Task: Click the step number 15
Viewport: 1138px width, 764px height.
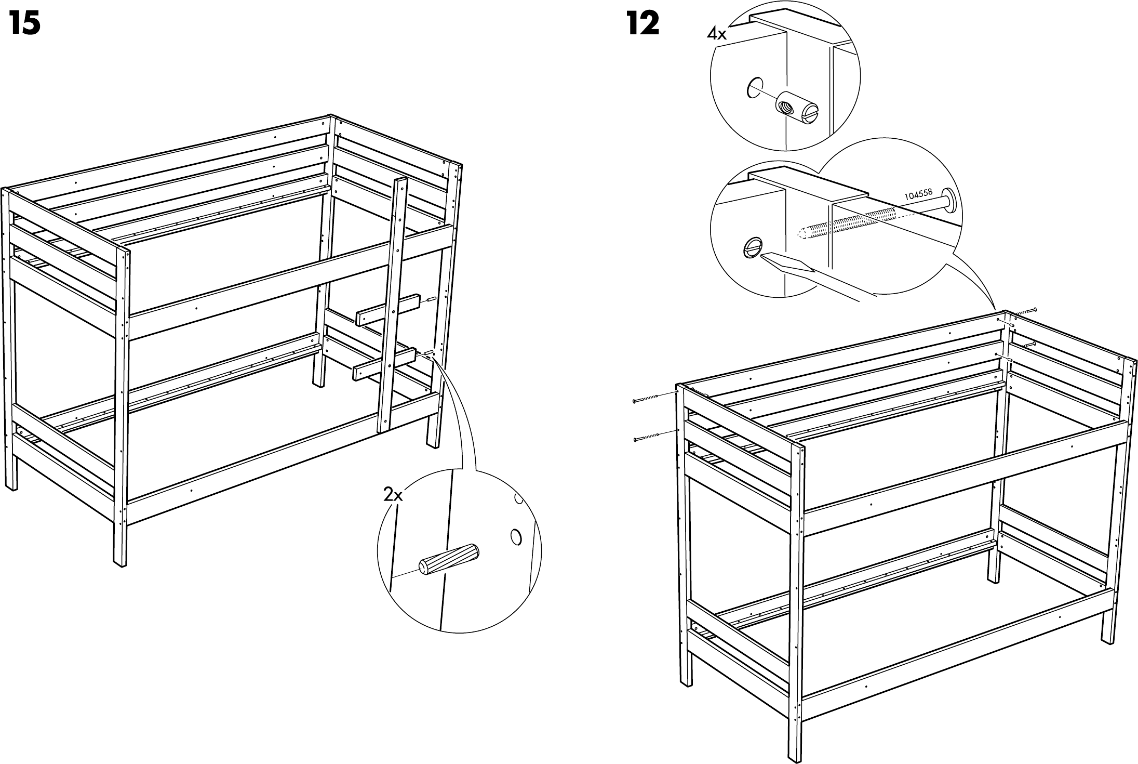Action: pyautogui.click(x=25, y=24)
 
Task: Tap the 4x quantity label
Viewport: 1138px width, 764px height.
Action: pyautogui.click(x=717, y=34)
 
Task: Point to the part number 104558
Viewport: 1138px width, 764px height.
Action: pyautogui.click(x=918, y=195)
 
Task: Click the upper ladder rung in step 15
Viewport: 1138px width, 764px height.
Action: pyautogui.click(x=389, y=310)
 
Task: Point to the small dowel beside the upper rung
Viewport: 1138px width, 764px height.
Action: pyautogui.click(x=431, y=300)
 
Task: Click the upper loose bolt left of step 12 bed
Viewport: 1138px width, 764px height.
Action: pyautogui.click(x=645, y=399)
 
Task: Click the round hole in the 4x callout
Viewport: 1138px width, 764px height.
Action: pyautogui.click(x=755, y=89)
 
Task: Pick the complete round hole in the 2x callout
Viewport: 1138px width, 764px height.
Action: pyautogui.click(x=516, y=536)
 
